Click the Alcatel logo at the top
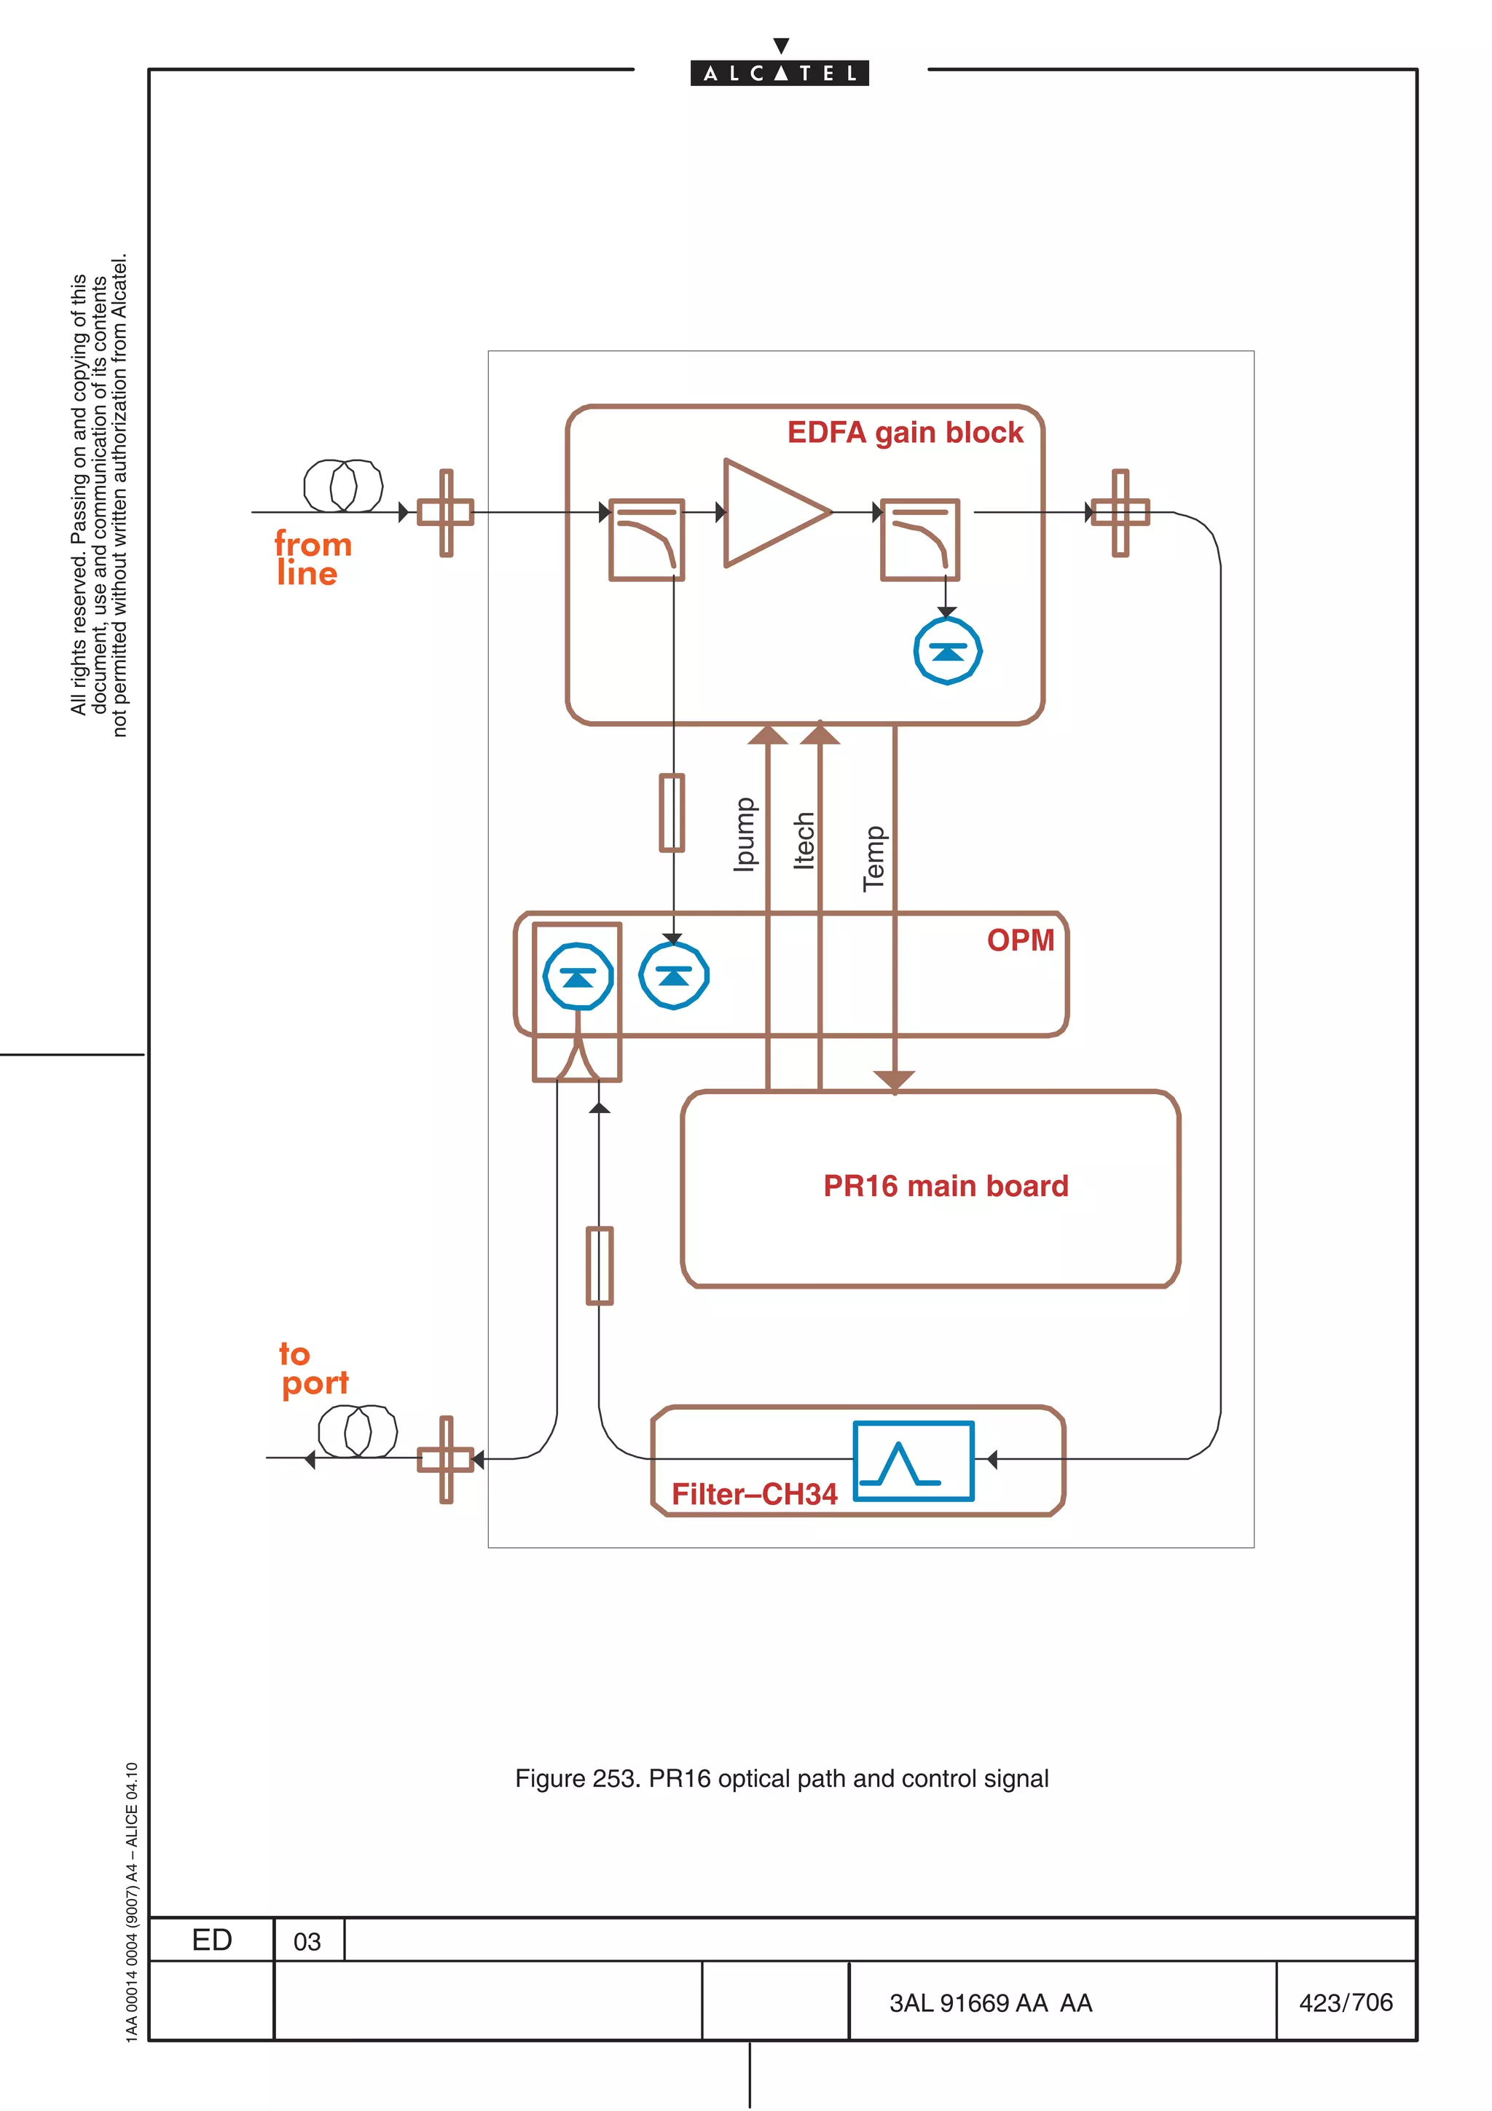coord(779,71)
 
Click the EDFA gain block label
coord(905,432)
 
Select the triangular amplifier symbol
coord(770,512)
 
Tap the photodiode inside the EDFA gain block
coord(947,651)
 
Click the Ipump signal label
coord(744,834)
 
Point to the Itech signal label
coord(804,839)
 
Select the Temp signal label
coord(873,858)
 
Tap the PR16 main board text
coord(945,1186)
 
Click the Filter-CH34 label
coord(754,1494)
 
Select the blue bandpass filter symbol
coord(912,1461)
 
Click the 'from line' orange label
coord(313,558)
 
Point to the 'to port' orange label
coord(313,1368)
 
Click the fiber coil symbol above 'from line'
coord(343,485)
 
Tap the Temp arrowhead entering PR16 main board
coord(894,1080)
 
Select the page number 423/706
coord(1345,2002)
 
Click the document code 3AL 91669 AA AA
coord(990,2002)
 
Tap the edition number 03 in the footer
coord(307,1941)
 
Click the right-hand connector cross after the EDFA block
coord(1120,512)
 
